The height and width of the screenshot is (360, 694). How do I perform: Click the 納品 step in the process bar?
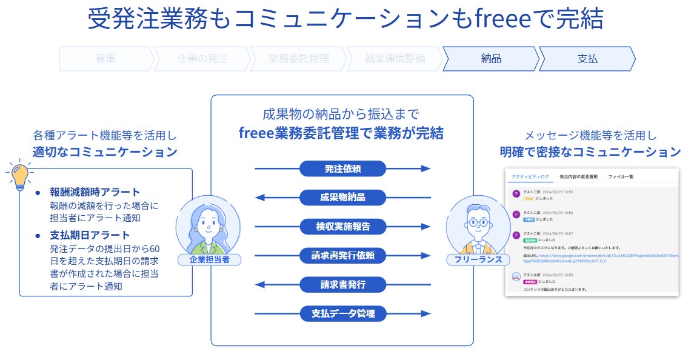[490, 59]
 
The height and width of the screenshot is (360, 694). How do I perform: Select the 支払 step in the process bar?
[587, 59]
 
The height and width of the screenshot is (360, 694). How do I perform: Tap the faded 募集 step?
[105, 59]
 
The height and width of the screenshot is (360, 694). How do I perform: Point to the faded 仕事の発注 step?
[202, 59]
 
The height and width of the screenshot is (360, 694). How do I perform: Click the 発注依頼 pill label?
[342, 168]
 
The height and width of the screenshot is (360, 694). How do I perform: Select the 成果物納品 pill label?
[342, 198]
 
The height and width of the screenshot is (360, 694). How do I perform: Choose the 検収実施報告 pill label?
[342, 227]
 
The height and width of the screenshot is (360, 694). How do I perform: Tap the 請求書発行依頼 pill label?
[342, 256]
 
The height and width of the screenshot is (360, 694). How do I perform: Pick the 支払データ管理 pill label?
[342, 314]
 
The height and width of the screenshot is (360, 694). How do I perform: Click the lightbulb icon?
[19, 175]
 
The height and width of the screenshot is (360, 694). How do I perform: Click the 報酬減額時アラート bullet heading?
[95, 192]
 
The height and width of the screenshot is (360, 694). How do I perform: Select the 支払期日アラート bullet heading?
[90, 235]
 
